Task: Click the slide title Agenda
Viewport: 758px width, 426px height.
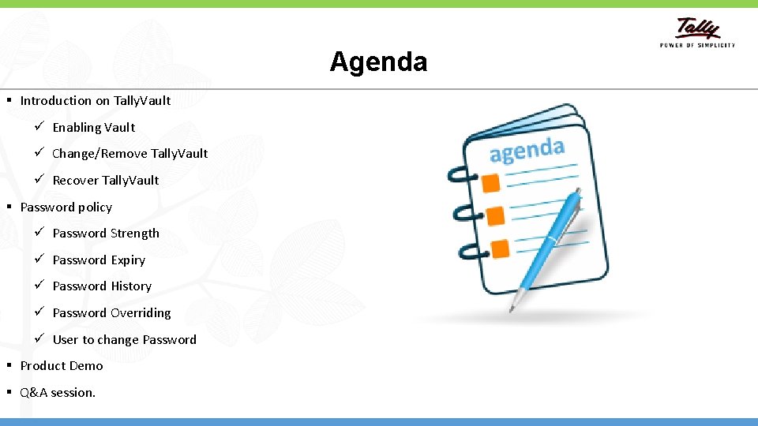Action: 378,62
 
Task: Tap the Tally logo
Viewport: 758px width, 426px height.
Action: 698,30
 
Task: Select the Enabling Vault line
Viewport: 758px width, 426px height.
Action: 93,127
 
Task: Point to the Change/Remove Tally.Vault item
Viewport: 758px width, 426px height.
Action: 129,153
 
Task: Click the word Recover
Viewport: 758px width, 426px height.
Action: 75,180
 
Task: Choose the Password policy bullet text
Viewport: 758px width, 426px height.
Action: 66,207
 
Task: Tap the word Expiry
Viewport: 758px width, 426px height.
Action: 128,260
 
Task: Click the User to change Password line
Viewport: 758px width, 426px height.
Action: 124,339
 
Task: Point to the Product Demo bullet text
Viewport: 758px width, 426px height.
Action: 62,365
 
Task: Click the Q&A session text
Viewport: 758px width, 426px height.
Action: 58,392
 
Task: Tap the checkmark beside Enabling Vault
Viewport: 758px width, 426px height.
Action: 39,127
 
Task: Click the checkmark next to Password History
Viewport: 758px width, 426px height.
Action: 39,286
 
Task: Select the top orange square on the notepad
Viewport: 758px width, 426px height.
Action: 491,183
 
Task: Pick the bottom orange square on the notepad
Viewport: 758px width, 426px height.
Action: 499,249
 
